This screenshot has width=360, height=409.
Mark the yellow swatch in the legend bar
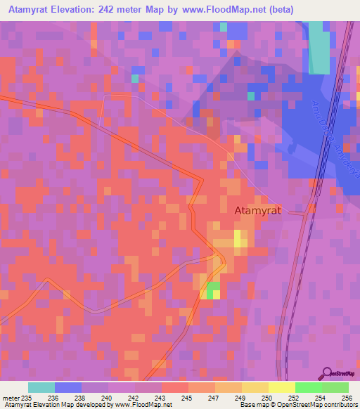point(281,387)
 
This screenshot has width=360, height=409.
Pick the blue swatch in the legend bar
point(68,387)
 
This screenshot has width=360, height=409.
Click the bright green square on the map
point(212,288)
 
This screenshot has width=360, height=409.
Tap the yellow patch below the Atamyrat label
point(240,240)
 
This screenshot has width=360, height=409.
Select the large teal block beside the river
point(319,47)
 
